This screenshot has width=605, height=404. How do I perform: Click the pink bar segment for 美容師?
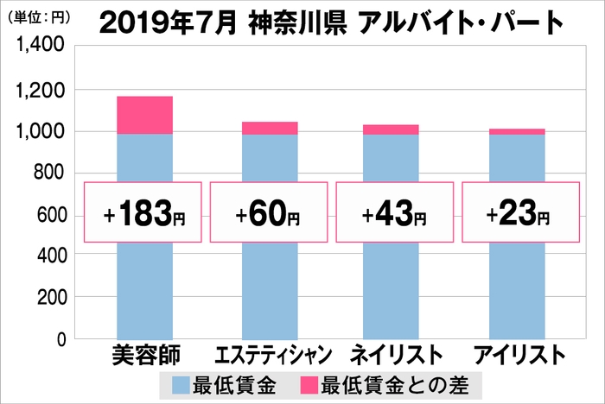(x=144, y=115)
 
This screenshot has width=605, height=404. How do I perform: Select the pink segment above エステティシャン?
(x=270, y=128)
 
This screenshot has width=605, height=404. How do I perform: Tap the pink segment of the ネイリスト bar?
(x=391, y=129)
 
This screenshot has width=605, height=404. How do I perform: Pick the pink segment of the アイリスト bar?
(x=517, y=131)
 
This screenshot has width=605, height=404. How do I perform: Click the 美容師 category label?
(x=144, y=356)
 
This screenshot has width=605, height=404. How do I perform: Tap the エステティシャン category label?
(x=270, y=356)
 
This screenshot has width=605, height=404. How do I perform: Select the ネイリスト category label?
(x=392, y=356)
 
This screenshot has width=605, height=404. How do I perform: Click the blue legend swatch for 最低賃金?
(x=185, y=384)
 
